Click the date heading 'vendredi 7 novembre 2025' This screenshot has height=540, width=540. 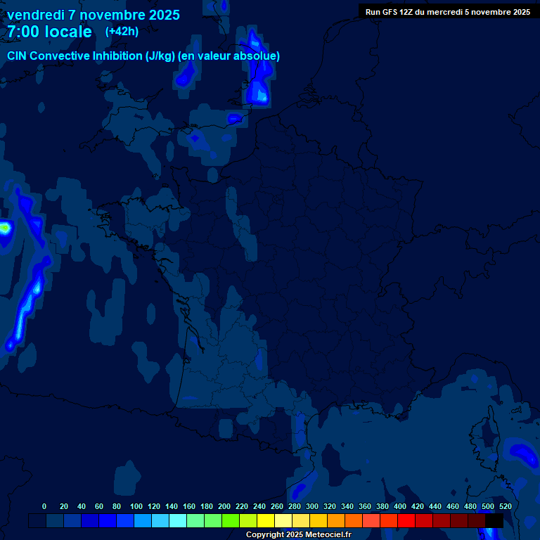pyautogui.click(x=93, y=15)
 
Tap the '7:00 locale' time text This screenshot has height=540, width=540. pyautogui.click(x=49, y=32)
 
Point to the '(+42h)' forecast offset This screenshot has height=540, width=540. pyautogui.click(x=122, y=32)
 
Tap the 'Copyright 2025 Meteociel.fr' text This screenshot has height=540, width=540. pyautogui.click(x=297, y=535)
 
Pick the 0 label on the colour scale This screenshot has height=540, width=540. pyautogui.click(x=44, y=506)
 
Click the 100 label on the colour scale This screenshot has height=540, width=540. pyautogui.click(x=136, y=506)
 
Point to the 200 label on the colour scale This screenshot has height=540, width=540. pyautogui.click(x=224, y=506)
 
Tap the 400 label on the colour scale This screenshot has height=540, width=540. pyautogui.click(x=400, y=506)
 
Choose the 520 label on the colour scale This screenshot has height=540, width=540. pyautogui.click(x=505, y=506)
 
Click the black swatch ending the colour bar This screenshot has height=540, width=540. pyautogui.click(x=494, y=520)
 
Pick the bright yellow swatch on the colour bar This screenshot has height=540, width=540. pyautogui.click(x=266, y=520)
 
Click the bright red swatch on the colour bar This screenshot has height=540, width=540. pyautogui.click(x=406, y=520)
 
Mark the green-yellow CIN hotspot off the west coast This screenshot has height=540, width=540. pyautogui.click(x=5, y=228)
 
